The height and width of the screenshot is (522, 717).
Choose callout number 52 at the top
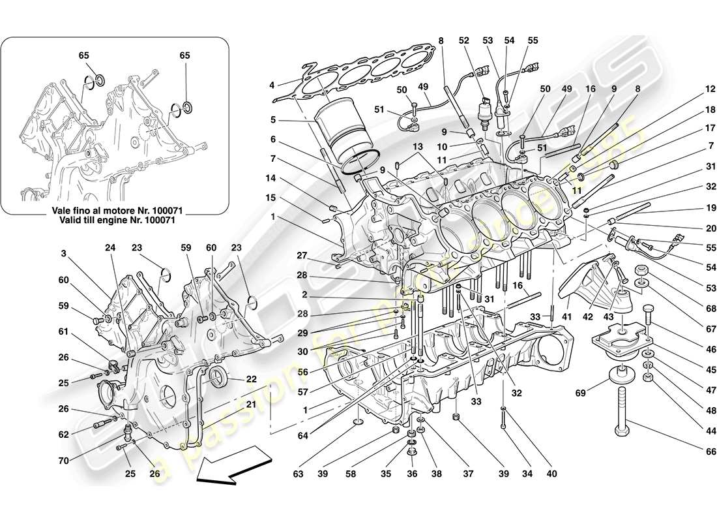point(464,40)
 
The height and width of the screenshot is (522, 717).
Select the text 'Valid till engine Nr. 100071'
point(115,221)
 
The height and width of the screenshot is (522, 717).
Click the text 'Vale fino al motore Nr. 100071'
point(115,210)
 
